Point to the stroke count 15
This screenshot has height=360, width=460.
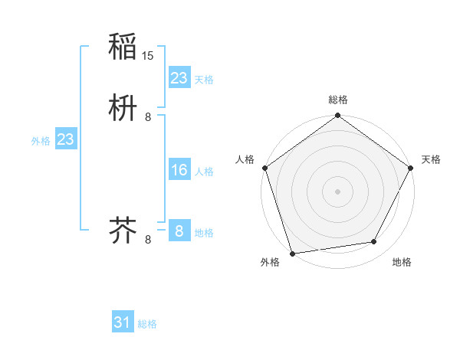(x=149, y=56)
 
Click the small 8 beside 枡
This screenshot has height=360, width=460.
(x=148, y=116)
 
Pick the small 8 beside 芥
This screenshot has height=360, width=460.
(x=148, y=239)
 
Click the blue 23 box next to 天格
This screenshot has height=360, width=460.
(x=179, y=78)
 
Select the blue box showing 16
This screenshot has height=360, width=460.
(x=179, y=170)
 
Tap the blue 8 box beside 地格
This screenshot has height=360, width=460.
(x=179, y=231)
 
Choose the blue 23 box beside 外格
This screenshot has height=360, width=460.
(x=65, y=139)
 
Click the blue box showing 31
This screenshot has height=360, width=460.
(x=123, y=322)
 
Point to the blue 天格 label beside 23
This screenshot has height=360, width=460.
(x=204, y=80)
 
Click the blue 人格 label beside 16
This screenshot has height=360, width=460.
(x=204, y=172)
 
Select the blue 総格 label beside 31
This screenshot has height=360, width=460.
(x=147, y=324)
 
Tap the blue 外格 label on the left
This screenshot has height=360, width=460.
(x=41, y=141)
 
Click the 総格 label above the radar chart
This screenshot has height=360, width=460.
(x=337, y=100)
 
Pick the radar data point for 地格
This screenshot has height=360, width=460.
(x=374, y=242)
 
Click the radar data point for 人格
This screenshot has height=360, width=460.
(x=264, y=168)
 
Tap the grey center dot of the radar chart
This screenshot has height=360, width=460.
(x=337, y=191)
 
